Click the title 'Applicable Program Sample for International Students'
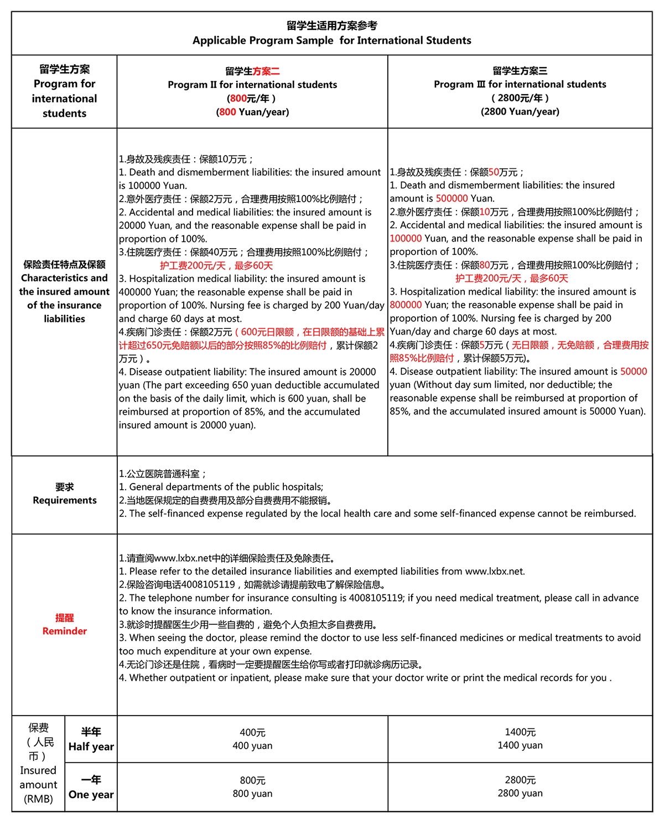coord(332,40)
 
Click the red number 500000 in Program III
coord(452,198)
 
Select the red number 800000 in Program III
coord(406,305)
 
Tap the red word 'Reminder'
coord(64,631)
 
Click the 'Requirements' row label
coord(64,500)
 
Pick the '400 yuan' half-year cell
coord(252,745)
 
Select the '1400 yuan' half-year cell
coord(520,745)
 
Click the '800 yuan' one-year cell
coord(252,793)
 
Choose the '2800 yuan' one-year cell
coord(520,793)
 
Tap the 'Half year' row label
coord(91,747)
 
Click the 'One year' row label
coord(91,794)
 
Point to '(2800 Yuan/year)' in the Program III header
coord(520,111)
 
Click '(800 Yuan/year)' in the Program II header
coord(252,112)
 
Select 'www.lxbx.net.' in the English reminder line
coord(495,571)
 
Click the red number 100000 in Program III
coord(406,238)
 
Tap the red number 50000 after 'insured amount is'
coord(633,371)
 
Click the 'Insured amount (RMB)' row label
coord(38,784)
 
